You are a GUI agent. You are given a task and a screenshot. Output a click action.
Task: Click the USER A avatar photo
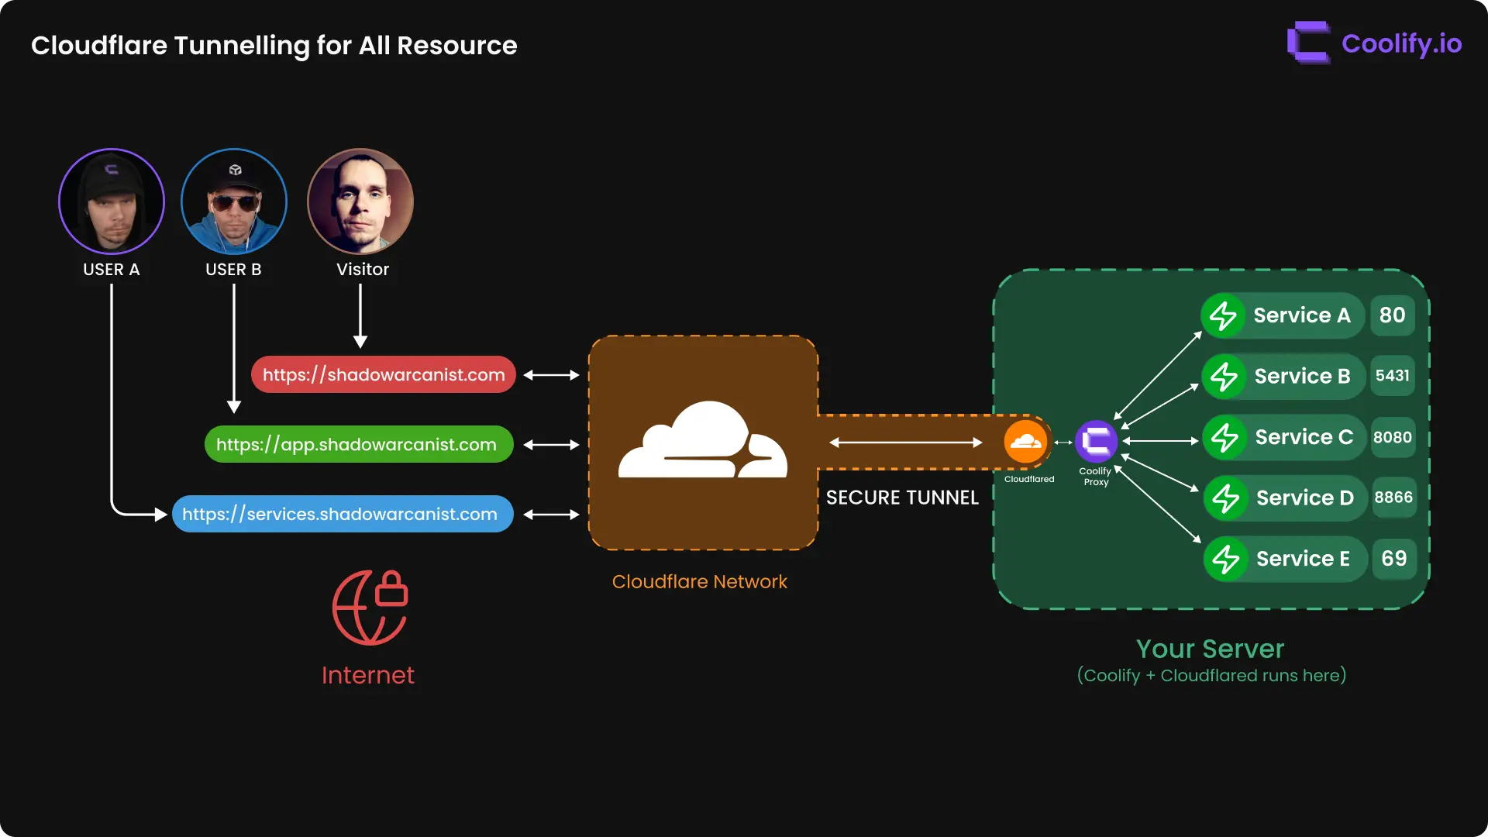pyautogui.click(x=112, y=201)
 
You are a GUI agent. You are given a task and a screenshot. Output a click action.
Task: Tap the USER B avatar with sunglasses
pyautogui.click(x=234, y=201)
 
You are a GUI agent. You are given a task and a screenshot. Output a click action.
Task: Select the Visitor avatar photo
pyautogui.click(x=360, y=201)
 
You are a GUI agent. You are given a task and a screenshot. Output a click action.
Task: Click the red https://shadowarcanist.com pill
pyautogui.click(x=384, y=375)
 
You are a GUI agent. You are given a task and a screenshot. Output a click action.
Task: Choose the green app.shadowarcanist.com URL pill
pyautogui.click(x=359, y=445)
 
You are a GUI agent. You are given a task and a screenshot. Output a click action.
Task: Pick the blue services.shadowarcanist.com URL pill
pyautogui.click(x=343, y=515)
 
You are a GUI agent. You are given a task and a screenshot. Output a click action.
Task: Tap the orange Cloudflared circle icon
pyautogui.click(x=1025, y=442)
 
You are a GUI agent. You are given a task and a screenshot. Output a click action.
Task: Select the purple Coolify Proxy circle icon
pyautogui.click(x=1096, y=442)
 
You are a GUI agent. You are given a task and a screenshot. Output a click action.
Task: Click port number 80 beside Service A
pyautogui.click(x=1393, y=315)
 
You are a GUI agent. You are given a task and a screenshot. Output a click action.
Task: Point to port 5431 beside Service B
pyautogui.click(x=1393, y=376)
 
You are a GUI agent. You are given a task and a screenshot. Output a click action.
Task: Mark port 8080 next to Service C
pyautogui.click(x=1393, y=437)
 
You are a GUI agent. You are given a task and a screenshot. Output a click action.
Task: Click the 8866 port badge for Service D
pyautogui.click(x=1393, y=498)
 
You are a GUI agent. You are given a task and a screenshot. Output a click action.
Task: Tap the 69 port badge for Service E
pyautogui.click(x=1393, y=559)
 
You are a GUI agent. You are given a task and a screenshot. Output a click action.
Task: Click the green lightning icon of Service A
pyautogui.click(x=1223, y=315)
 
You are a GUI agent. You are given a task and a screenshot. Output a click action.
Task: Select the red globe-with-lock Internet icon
pyautogui.click(x=370, y=608)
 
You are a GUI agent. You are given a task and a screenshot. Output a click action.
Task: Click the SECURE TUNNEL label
pyautogui.click(x=902, y=498)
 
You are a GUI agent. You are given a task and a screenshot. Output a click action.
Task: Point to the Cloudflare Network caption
pyautogui.click(x=699, y=582)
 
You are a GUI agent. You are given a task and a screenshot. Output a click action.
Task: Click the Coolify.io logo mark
pyautogui.click(x=1308, y=43)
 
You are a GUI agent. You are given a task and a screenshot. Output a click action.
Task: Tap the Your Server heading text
pyautogui.click(x=1210, y=649)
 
